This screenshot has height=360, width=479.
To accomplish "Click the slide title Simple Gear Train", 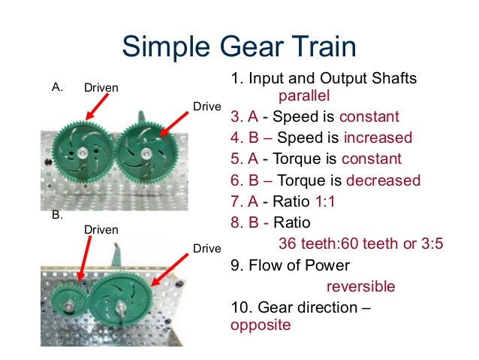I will point(239,47).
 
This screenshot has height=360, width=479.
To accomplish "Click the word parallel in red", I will point(303,96).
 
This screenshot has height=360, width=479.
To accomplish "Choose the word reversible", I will point(360,286).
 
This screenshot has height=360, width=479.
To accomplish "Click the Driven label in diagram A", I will point(101,88).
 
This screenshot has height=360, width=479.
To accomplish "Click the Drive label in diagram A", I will point(207,107).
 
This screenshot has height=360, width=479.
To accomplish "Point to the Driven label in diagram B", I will point(101,229).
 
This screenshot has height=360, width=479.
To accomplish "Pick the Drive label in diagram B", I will point(207,248).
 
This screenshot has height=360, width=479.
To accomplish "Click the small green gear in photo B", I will point(68,304).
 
